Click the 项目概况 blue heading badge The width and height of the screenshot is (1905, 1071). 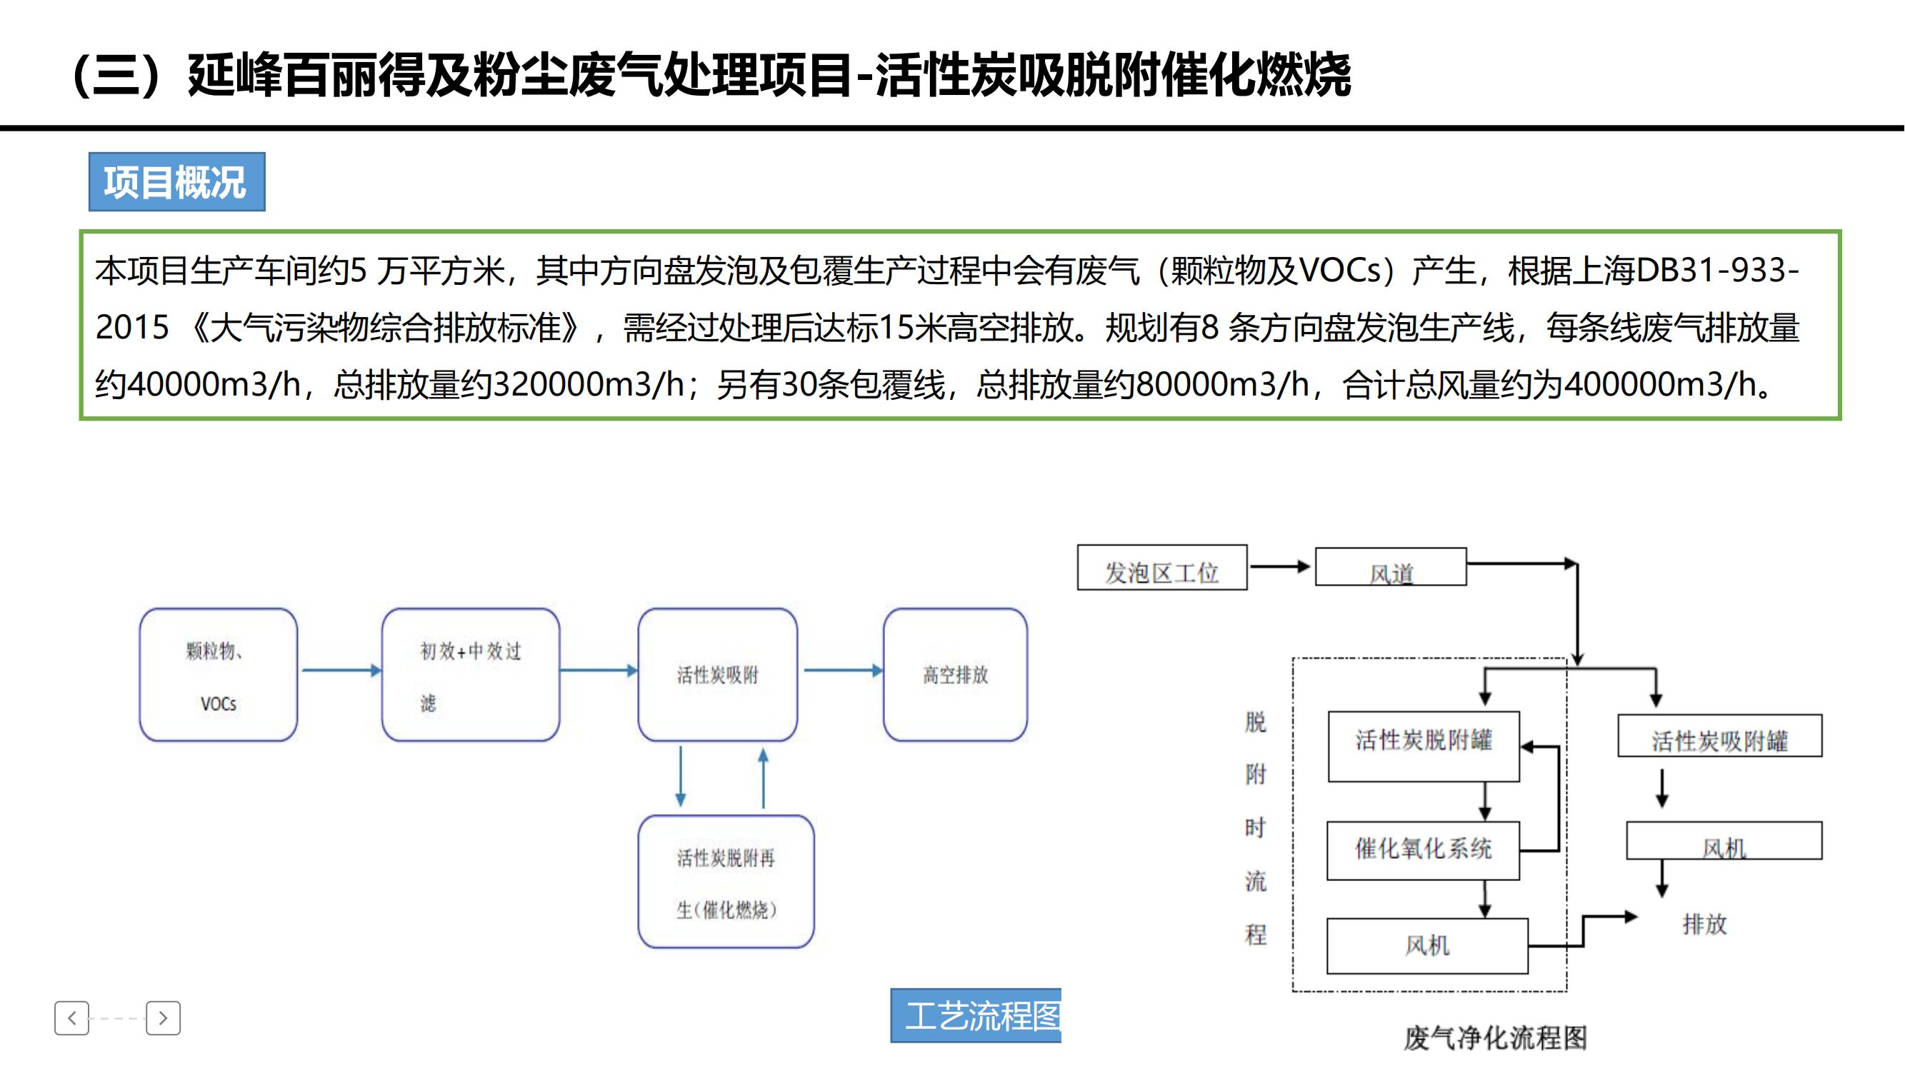176,182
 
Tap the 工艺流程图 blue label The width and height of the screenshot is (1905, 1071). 976,1015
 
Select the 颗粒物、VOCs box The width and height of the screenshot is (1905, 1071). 218,674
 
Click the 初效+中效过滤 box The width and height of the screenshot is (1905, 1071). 470,674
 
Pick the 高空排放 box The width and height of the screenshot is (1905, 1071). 955,674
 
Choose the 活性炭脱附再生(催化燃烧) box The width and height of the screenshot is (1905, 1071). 726,881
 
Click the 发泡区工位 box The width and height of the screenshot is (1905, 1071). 1161,568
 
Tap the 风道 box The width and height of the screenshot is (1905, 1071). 1390,568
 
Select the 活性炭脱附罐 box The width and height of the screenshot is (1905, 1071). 1424,746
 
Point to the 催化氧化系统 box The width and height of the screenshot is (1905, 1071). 1423,850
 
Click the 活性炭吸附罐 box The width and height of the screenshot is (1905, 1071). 1719,736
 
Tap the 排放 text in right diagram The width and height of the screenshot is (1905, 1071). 1704,924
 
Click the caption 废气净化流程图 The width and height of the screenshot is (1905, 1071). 1495,1037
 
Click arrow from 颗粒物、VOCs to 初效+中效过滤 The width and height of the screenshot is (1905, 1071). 340,670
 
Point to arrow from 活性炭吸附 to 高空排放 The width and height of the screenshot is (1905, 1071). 842,670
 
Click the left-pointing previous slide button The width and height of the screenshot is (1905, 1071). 71,1019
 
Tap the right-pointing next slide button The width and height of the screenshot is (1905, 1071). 164,1019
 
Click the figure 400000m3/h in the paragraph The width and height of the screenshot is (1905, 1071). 1660,384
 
